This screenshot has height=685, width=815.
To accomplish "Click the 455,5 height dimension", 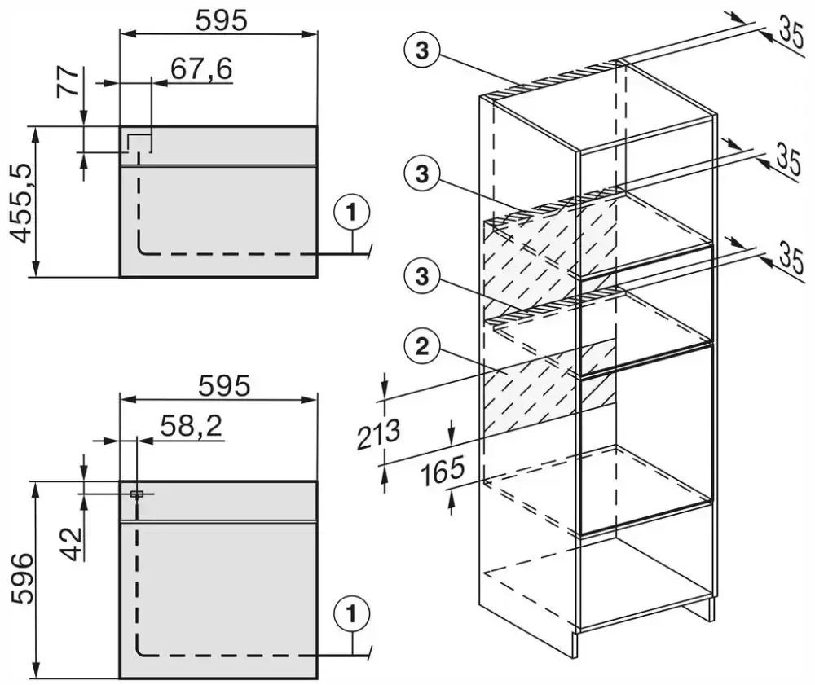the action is point(22,202).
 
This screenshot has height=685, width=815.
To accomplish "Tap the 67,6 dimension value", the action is point(201,68).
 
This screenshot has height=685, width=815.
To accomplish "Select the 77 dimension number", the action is point(68,81).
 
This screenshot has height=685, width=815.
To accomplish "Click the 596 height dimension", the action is point(22,578).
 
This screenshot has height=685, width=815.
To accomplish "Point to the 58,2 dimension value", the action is point(192,426).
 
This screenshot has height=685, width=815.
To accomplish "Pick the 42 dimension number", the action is point(73,544).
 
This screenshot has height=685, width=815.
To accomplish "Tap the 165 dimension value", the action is point(442,472).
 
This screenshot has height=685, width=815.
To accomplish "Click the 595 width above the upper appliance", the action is point(222,21).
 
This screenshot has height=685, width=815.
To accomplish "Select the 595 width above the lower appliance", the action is point(224,385).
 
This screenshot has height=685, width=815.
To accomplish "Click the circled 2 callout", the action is point(422,346).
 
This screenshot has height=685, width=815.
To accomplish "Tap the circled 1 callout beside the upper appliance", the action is point(352,212).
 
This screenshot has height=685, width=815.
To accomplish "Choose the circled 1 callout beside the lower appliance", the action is point(352,614).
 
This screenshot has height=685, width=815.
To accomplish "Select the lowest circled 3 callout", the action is point(422,275).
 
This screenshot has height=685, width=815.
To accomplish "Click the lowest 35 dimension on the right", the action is point(792,259).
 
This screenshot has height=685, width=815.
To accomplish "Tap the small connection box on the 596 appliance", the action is point(137,494).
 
